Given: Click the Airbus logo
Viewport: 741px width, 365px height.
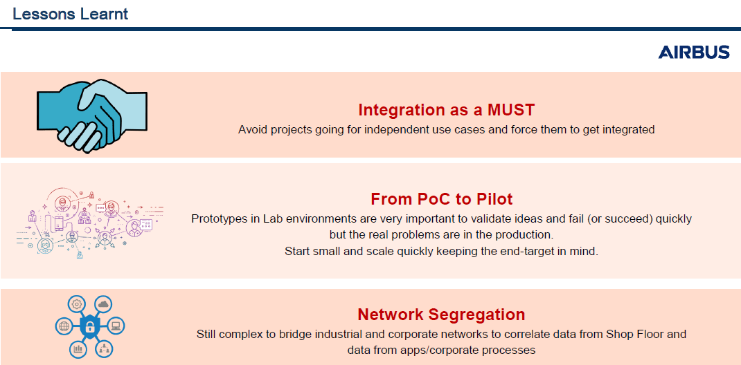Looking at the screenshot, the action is [x=694, y=53].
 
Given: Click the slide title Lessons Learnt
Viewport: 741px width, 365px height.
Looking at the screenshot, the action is [x=71, y=14].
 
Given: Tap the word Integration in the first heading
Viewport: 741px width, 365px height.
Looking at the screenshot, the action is [x=397, y=110].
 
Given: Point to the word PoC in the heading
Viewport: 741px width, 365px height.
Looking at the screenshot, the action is [x=429, y=199].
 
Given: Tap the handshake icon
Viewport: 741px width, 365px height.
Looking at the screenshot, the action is [x=91, y=116].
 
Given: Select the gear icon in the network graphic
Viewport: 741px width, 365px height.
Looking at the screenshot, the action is [x=75, y=304].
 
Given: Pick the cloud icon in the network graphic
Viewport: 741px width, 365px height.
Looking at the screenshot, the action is [x=103, y=304].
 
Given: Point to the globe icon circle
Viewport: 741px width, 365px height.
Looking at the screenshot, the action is [x=63, y=326].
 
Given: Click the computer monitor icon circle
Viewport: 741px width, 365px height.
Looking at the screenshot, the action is [x=116, y=326].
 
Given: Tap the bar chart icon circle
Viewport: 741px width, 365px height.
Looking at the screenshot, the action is [x=78, y=349].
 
